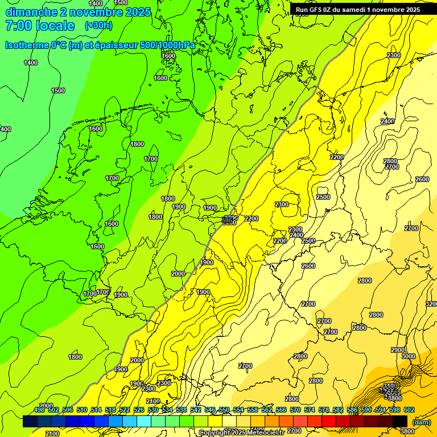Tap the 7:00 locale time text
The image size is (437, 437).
(40, 26)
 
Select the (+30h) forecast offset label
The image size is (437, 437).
(98, 26)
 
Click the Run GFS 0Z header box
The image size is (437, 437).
(358, 10)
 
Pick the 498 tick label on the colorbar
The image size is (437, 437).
(39, 410)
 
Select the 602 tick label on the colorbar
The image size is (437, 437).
(409, 410)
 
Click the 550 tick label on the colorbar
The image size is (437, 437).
(224, 410)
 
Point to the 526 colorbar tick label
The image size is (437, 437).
(138, 410)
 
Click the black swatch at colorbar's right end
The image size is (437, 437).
(400, 421)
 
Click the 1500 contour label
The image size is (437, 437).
(58, 90)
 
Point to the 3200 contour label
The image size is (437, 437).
(431, 304)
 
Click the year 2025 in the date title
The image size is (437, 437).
(139, 12)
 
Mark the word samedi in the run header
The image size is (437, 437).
(354, 10)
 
